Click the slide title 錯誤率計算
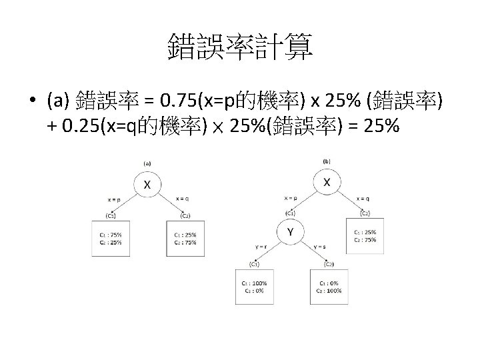(240, 49)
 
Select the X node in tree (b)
(327, 181)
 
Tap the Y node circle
(290, 231)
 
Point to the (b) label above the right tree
(327, 161)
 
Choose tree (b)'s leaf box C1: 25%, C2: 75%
(364, 235)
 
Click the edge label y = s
(319, 246)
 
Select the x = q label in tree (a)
(181, 198)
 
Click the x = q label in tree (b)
(363, 198)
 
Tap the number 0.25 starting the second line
(77, 126)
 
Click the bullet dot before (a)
(31, 101)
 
